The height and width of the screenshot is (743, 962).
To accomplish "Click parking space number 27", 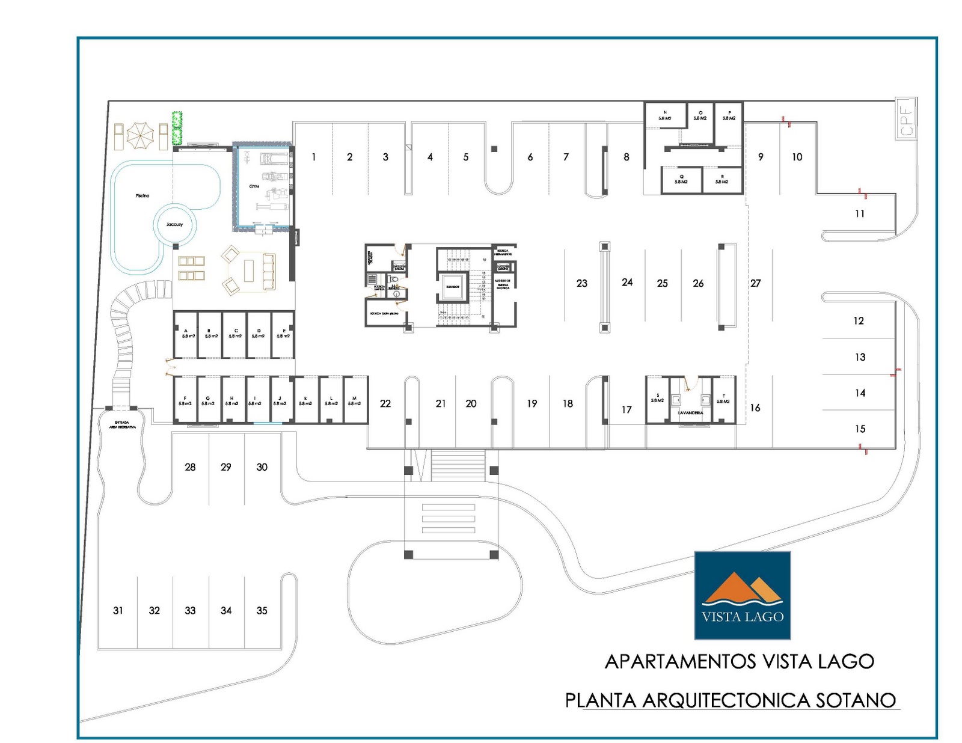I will click(x=755, y=283).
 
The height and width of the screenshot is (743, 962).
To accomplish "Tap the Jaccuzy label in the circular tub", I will click(x=174, y=224).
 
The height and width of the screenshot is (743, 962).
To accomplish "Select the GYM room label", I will click(x=254, y=186).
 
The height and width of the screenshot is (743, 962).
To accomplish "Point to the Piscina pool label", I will click(x=142, y=195).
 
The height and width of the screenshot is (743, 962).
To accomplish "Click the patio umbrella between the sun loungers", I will click(x=140, y=136).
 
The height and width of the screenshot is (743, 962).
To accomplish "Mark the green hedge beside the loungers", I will click(x=177, y=128).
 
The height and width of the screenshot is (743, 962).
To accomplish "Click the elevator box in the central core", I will click(x=453, y=287).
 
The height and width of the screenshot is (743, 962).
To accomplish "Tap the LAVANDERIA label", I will click(x=690, y=413).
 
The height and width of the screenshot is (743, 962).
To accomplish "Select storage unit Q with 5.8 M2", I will click(x=681, y=179).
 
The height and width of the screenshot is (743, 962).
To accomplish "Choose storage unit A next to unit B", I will click(x=186, y=334).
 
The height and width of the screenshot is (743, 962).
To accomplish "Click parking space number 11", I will click(x=859, y=213).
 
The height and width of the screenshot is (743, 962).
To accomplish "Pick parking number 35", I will click(x=262, y=610).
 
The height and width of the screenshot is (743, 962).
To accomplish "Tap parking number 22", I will click(x=385, y=403).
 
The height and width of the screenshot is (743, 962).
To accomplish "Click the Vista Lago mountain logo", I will click(x=743, y=595).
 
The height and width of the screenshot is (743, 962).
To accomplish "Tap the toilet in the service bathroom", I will click(x=394, y=280).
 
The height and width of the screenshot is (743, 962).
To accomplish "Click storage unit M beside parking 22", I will click(x=355, y=401).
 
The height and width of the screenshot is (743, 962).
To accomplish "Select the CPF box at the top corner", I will click(x=906, y=118).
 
